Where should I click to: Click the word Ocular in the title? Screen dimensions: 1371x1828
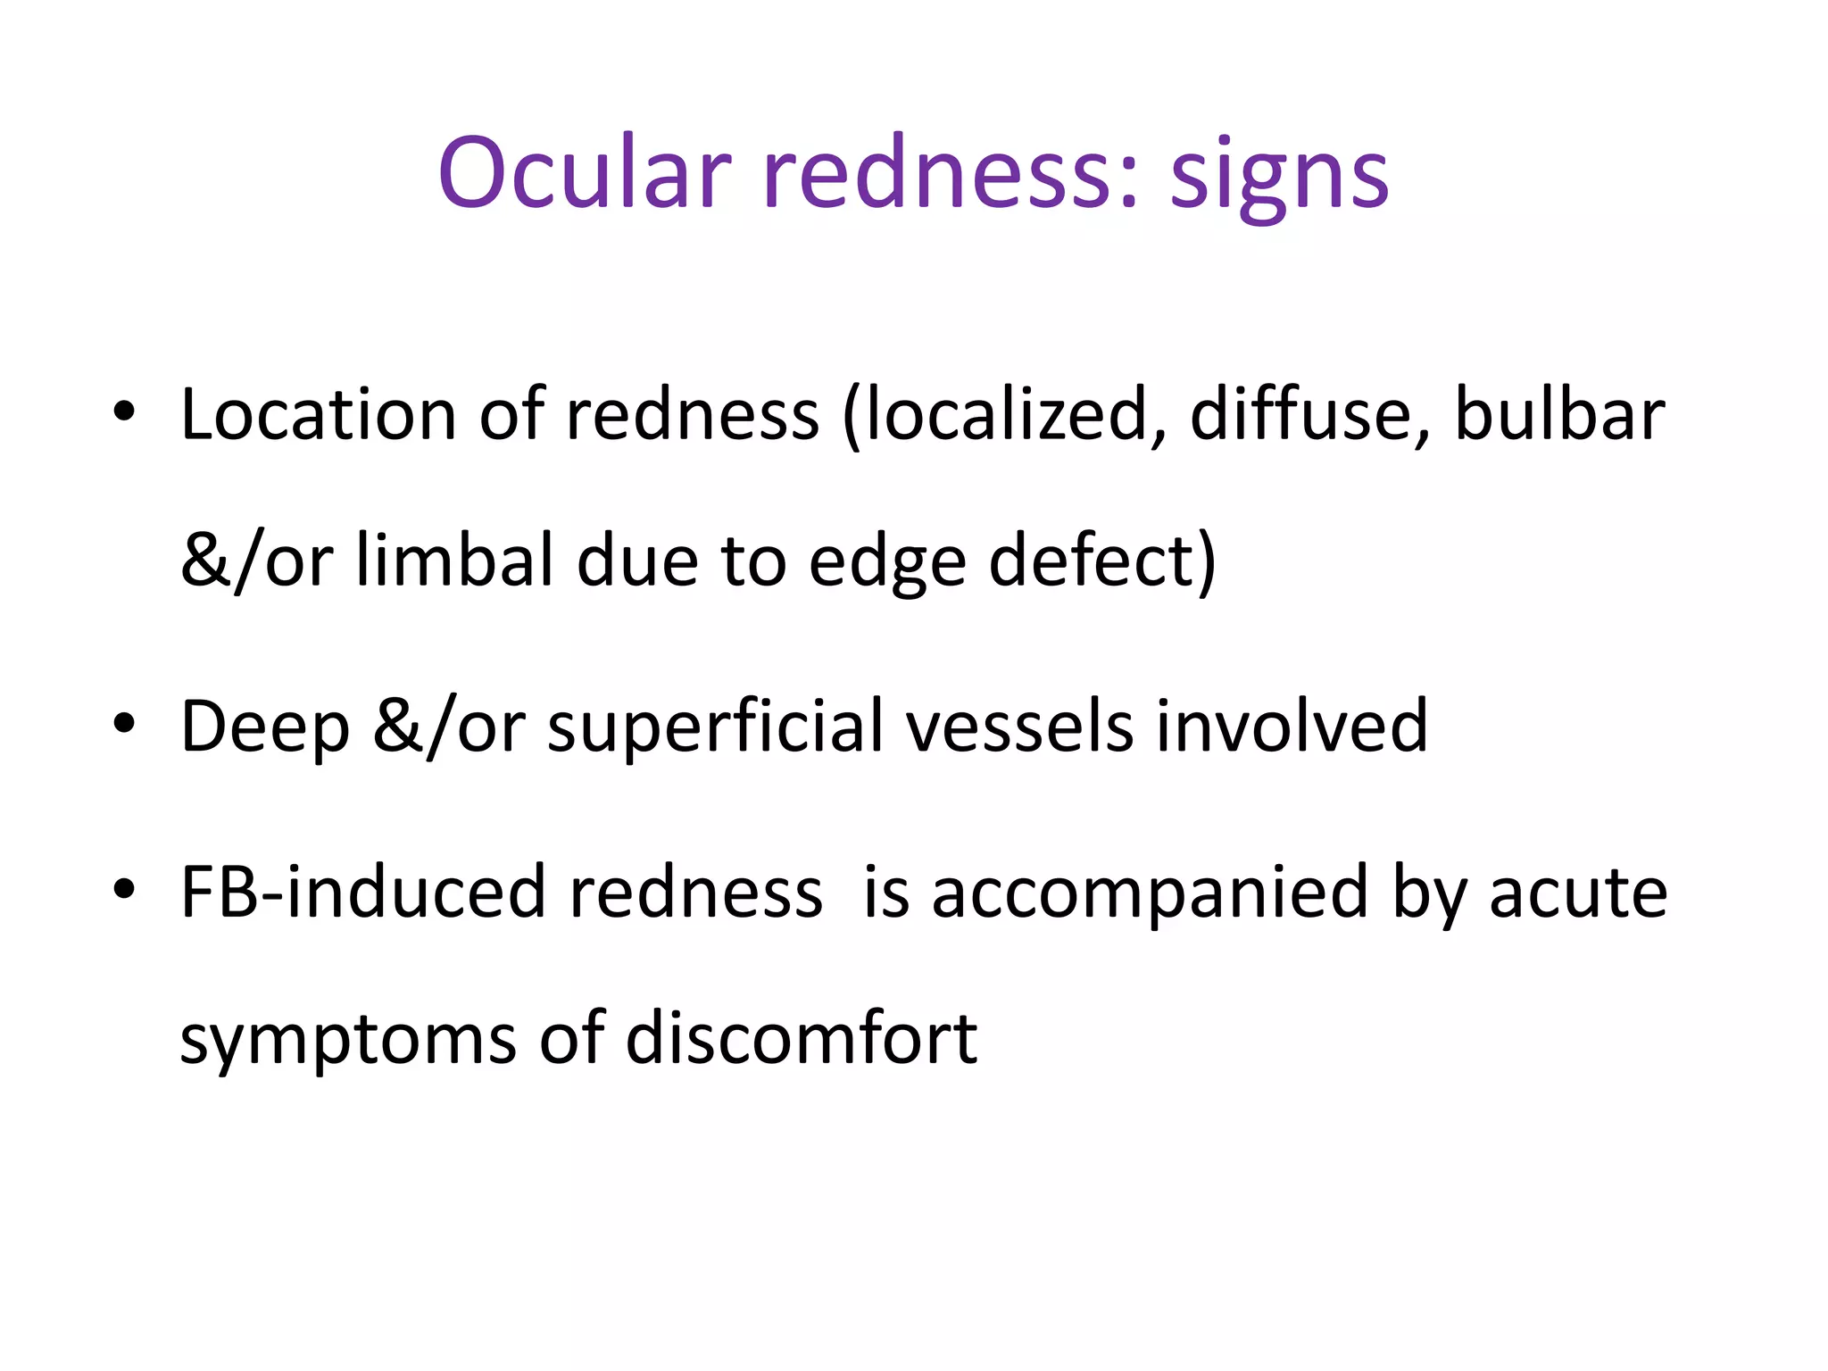[585, 173]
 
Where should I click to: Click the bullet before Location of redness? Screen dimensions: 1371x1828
[124, 412]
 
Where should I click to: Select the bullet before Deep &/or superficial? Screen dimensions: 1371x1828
[124, 723]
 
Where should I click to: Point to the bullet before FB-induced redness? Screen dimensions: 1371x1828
[124, 889]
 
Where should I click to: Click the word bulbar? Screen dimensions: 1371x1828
[1558, 414]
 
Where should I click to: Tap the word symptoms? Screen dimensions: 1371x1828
[347, 1041]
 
